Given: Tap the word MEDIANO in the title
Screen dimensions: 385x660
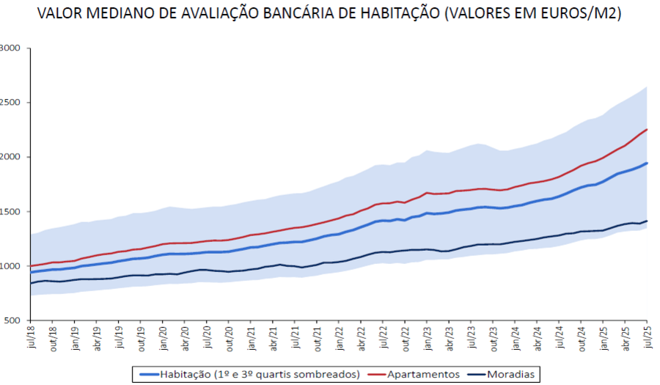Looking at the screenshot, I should coord(126,14).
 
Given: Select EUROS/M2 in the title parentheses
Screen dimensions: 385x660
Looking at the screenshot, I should coord(577,14).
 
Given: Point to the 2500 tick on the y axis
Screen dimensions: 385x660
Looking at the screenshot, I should coord(14,103).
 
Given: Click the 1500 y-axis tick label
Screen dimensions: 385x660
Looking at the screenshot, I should coord(14,212).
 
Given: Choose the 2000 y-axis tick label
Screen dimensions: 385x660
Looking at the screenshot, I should coord(14,157).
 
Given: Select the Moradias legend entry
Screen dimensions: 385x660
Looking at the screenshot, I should coord(511,374).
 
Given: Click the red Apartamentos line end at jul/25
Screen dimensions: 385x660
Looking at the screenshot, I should coord(647,130).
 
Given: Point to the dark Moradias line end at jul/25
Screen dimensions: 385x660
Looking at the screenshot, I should coord(647,221).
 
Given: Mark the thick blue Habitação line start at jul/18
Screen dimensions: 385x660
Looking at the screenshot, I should coord(31,272).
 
